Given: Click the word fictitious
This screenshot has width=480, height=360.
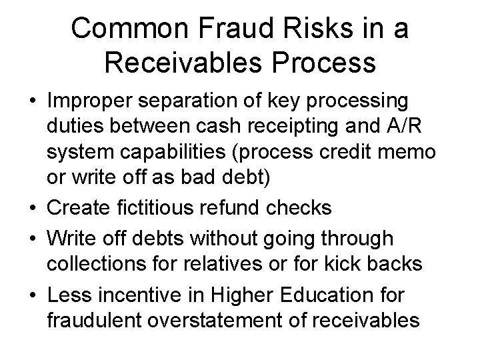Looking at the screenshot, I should pyautogui.click(x=163, y=207).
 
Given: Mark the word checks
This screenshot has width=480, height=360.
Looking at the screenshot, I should pyautogui.click(x=301, y=207).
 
